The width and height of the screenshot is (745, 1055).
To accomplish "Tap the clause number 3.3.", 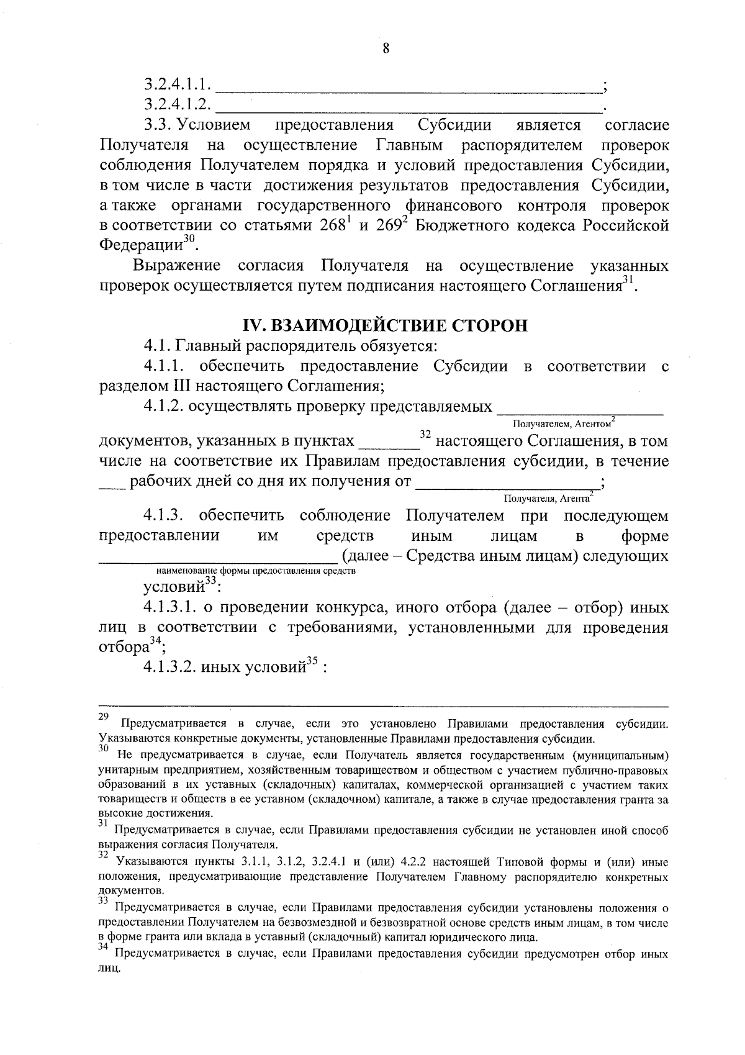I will [x=158, y=125].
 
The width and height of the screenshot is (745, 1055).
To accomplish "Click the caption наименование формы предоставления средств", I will [x=256, y=570].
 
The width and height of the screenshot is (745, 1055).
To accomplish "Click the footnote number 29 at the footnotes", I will [x=104, y=717].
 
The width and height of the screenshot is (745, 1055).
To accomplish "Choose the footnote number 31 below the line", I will [x=104, y=823].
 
